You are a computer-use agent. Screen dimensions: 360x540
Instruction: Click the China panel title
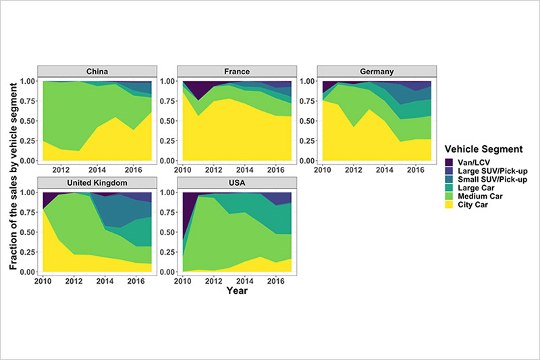pyautogui.click(x=99, y=72)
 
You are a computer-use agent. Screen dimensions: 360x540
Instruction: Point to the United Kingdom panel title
pyautogui.click(x=99, y=183)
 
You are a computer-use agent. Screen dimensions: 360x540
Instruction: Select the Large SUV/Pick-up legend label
pyautogui.click(x=487, y=172)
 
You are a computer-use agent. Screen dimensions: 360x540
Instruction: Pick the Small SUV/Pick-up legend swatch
pyautogui.click(x=449, y=180)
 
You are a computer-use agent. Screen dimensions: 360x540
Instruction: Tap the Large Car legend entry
pyautogui.click(x=473, y=189)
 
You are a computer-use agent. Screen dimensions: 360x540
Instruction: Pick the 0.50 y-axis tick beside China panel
pyautogui.click(x=29, y=121)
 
